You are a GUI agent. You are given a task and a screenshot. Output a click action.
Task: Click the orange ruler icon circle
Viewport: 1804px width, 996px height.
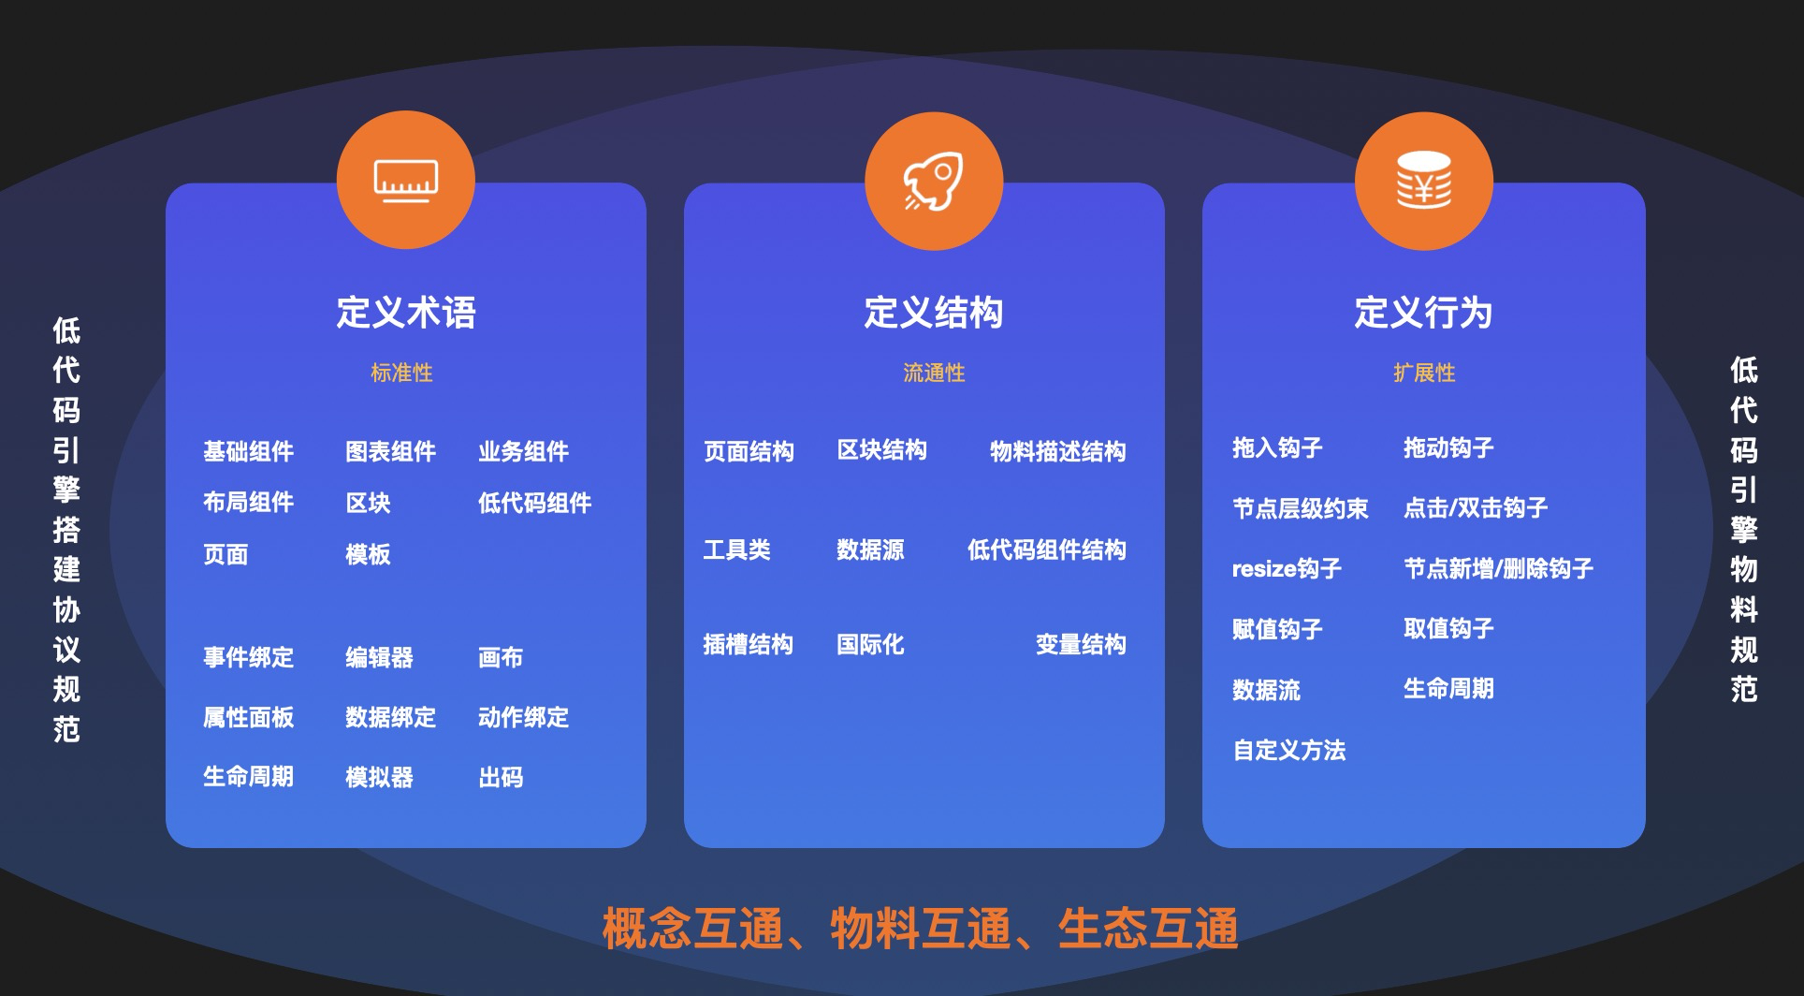[x=406, y=180]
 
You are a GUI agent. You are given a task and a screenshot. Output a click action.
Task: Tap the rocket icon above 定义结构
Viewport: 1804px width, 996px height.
[x=934, y=181]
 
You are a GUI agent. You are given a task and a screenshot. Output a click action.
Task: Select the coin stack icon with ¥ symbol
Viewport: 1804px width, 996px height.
[x=1424, y=181]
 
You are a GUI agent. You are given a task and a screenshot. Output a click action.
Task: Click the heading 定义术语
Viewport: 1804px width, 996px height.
[x=406, y=313]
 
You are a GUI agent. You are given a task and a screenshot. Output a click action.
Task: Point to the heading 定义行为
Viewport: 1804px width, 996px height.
[x=1424, y=313]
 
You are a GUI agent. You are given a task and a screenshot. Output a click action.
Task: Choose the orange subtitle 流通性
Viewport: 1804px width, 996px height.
[x=934, y=373]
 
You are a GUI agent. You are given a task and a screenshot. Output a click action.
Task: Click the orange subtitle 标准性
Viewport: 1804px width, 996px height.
[x=401, y=373]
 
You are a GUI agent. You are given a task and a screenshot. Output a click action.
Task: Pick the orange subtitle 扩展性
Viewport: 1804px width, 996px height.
[x=1424, y=373]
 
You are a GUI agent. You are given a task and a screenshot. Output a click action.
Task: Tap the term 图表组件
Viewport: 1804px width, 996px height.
[x=390, y=451]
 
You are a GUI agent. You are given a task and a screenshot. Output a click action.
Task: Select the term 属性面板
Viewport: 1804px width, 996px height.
[x=248, y=717]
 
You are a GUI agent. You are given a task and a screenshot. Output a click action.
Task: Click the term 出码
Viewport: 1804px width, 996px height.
[x=501, y=777]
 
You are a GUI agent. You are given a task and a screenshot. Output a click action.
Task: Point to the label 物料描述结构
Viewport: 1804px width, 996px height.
[x=1057, y=451]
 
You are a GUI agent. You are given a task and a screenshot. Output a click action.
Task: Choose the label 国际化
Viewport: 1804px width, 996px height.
[x=870, y=644]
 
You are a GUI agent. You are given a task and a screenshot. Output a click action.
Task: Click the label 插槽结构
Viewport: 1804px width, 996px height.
[x=748, y=644]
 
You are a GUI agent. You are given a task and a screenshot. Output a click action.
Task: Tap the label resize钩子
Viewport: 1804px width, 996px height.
[x=1287, y=568]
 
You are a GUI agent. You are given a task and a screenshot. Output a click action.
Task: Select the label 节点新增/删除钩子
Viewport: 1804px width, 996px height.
[x=1498, y=568]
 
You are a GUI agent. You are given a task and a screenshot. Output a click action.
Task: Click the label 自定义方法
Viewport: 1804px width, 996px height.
[x=1288, y=750]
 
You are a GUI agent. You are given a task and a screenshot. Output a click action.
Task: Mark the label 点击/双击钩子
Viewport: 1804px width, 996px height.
[x=1476, y=507]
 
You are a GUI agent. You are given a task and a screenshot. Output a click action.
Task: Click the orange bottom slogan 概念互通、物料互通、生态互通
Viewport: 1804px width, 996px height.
[x=920, y=929]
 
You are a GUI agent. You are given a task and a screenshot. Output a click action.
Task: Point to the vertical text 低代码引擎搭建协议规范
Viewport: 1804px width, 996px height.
[x=66, y=530]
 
